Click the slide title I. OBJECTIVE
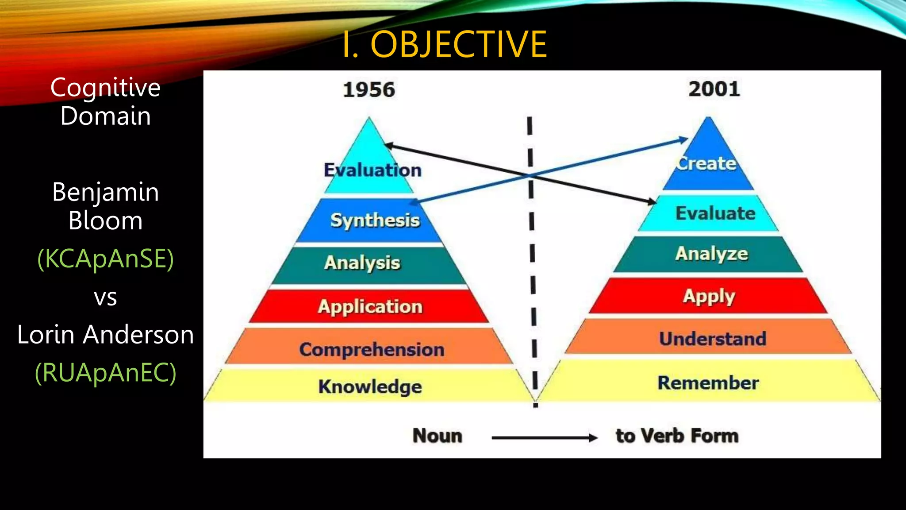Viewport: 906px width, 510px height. (445, 44)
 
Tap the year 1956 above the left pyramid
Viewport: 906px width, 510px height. (369, 89)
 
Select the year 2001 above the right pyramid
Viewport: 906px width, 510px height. (714, 89)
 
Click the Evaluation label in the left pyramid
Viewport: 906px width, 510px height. (372, 170)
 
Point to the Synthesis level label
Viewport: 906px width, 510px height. (375, 220)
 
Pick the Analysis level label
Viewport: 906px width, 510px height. (362, 263)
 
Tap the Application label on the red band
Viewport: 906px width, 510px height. (370, 306)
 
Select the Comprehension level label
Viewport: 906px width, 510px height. (372, 349)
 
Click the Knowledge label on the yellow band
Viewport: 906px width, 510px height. (370, 386)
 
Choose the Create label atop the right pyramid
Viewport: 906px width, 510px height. (706, 163)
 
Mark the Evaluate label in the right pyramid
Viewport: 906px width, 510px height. (715, 213)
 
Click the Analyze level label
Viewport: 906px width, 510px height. (712, 254)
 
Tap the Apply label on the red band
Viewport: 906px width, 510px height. (709, 296)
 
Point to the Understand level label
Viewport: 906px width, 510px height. (713, 339)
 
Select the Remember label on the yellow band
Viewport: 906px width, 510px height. (708, 382)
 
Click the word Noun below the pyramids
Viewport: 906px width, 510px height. (438, 436)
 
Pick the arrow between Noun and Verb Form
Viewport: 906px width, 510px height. (545, 438)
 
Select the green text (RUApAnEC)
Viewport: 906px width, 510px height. (106, 372)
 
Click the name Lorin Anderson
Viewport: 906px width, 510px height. (106, 334)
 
